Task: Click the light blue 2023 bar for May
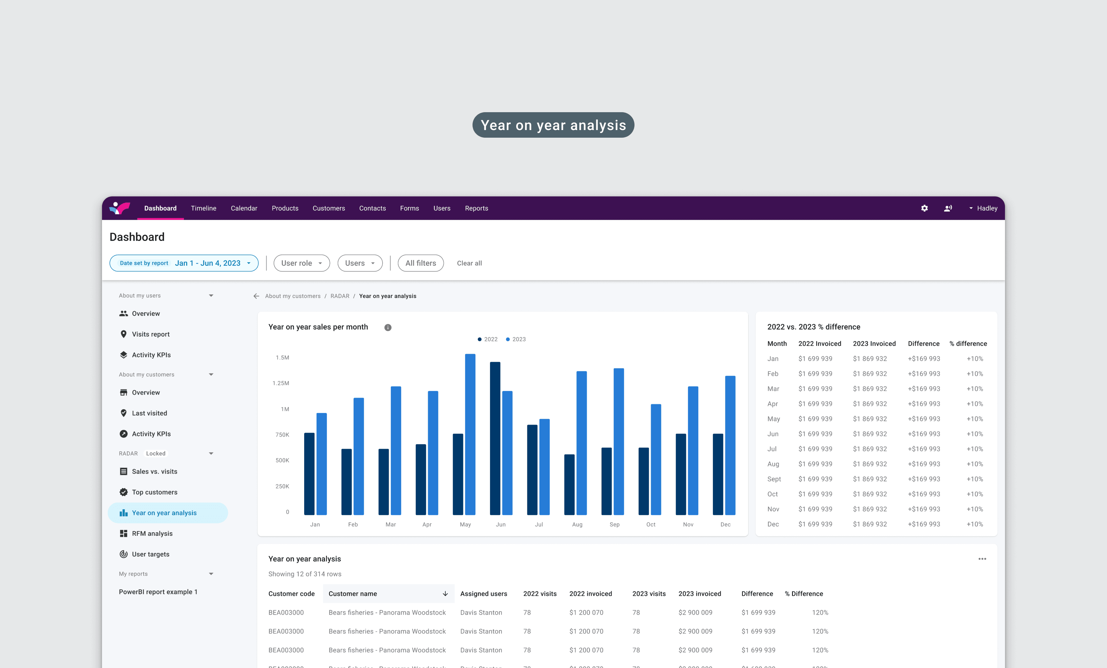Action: point(470,434)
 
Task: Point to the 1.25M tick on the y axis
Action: point(281,383)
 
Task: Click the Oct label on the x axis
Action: point(650,524)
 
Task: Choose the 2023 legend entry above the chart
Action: point(516,339)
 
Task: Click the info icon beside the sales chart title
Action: point(388,328)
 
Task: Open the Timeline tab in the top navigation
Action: point(203,208)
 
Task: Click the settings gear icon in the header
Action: point(924,208)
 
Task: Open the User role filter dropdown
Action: point(302,263)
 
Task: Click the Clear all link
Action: point(469,263)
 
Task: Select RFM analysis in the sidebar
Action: point(152,533)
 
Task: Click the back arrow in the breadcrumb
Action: point(256,296)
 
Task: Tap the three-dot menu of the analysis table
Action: point(982,559)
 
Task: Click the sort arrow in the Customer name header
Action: point(445,593)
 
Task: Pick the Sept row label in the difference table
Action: point(773,479)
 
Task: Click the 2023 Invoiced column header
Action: point(874,344)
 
